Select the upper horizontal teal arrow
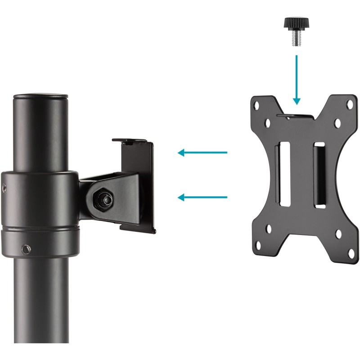[202, 153]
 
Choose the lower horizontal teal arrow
[202, 197]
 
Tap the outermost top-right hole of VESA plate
[349, 104]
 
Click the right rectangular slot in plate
[319, 175]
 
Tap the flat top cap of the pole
[40, 96]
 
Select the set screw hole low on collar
[26, 248]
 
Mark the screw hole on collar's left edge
[5, 188]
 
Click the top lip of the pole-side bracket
[133, 141]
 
